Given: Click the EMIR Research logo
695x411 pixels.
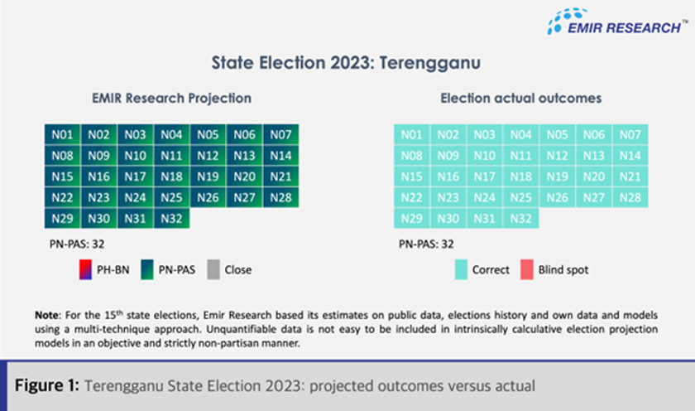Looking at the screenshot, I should coord(616,22).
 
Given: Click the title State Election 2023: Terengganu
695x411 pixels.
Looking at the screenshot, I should coord(347,62).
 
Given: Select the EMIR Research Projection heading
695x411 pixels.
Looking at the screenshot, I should coord(171,98).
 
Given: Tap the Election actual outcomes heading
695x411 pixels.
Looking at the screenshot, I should coord(520,98).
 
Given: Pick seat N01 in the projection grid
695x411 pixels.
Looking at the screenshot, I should coord(61,135).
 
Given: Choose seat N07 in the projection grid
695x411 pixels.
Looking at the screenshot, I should coord(280,135).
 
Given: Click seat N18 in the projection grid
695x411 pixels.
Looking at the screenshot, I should coord(170,176).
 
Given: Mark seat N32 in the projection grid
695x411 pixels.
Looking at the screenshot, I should coord(170,218).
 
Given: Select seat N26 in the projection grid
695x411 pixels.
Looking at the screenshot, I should coord(207,197).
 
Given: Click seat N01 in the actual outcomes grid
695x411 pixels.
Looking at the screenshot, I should coord(410,135).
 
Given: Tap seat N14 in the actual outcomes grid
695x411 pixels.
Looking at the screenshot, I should coord(629,156).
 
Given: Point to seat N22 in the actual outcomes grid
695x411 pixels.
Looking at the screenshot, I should coord(410,197).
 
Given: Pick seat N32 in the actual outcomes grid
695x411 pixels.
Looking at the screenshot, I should coord(520,218).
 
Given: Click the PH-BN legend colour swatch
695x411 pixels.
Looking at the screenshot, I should coord(83,269).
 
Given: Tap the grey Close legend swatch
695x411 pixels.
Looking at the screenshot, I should coord(213,269).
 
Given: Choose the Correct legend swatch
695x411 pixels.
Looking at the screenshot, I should coord(461,269).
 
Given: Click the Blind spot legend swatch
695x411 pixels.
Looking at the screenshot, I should coord(527,269).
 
